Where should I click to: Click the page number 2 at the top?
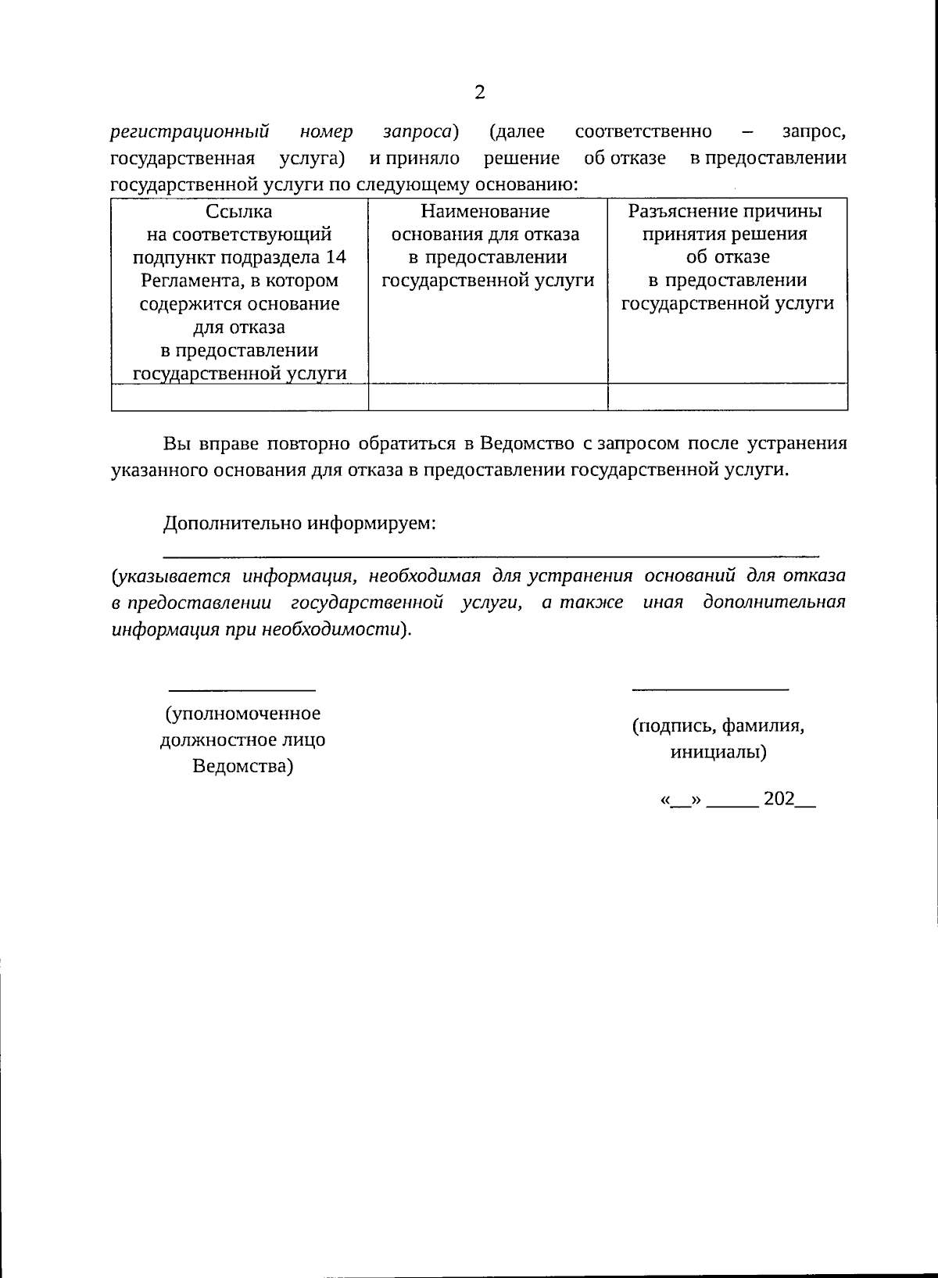[480, 93]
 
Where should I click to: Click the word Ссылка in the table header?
[239, 211]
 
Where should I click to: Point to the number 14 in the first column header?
[335, 257]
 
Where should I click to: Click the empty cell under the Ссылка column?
[239, 397]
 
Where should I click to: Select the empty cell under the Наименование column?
[488, 397]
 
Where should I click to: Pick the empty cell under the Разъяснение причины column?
[728, 397]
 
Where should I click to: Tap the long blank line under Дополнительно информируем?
[491, 554]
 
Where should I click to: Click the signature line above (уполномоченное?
[242, 689]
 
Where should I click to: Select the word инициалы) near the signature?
[718, 752]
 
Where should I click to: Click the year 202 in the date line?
[779, 799]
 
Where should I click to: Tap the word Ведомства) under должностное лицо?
[242, 766]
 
